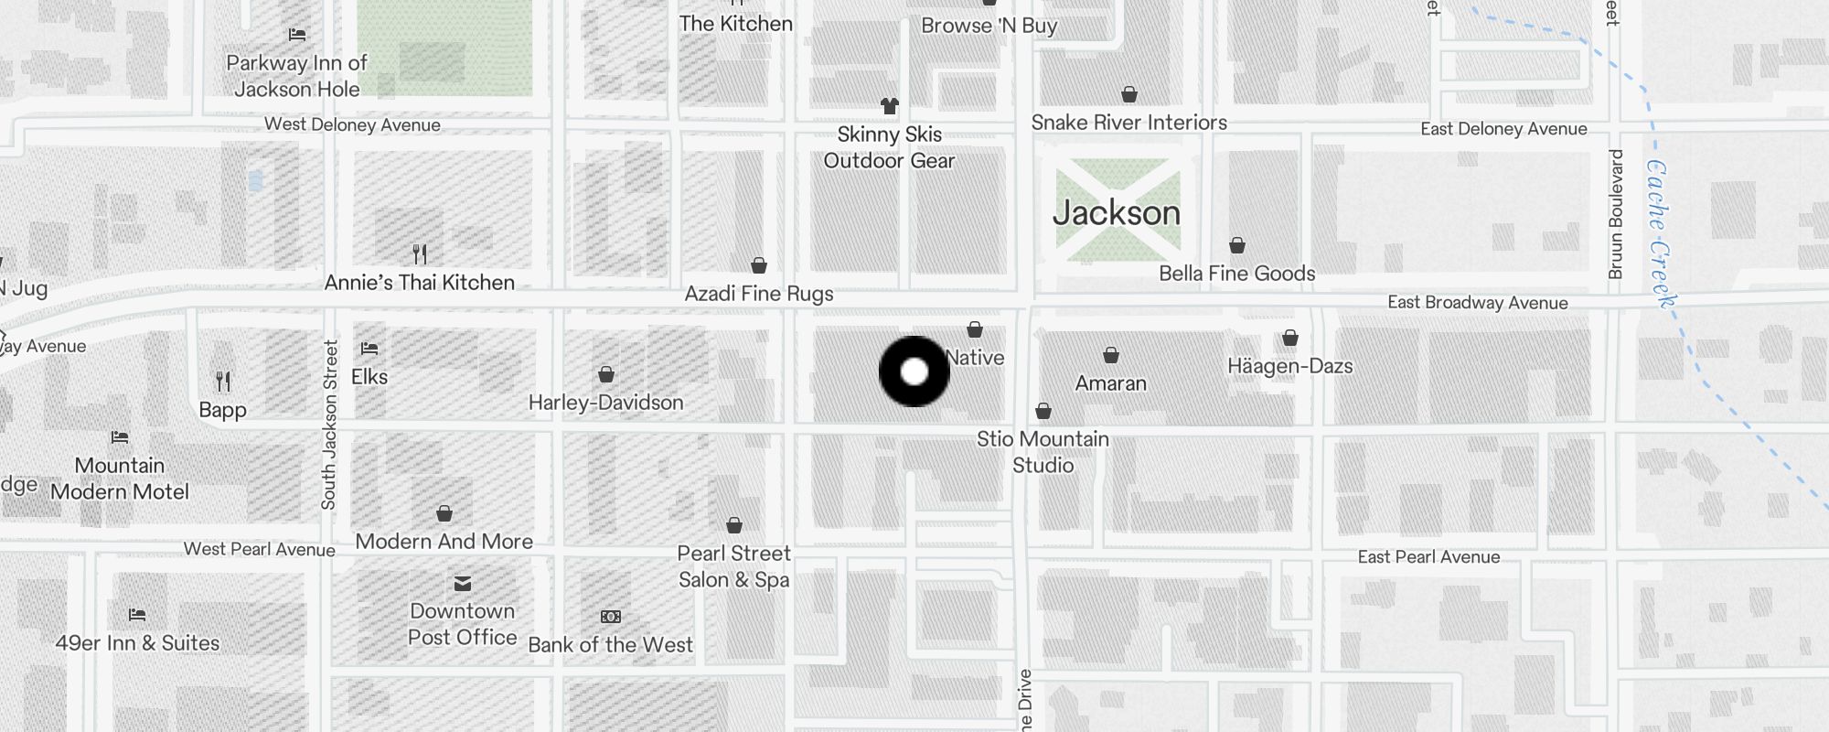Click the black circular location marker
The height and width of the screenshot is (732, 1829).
click(914, 371)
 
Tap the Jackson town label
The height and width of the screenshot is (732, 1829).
click(1117, 213)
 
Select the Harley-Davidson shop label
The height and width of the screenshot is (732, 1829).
click(605, 403)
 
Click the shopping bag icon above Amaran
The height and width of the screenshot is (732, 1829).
click(1111, 355)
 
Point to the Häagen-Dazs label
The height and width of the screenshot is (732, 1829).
click(1289, 366)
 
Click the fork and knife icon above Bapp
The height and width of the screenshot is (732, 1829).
click(223, 381)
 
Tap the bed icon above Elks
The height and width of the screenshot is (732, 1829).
click(369, 349)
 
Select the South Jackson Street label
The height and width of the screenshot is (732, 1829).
click(329, 425)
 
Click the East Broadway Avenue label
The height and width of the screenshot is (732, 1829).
click(1477, 303)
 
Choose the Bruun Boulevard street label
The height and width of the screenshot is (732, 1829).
click(1615, 214)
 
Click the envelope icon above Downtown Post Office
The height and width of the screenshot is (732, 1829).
click(463, 584)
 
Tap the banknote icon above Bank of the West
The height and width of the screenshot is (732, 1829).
click(610, 618)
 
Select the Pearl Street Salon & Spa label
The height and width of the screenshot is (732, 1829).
click(733, 566)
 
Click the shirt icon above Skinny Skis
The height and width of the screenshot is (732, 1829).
click(889, 106)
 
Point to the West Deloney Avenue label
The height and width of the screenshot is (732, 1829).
click(352, 125)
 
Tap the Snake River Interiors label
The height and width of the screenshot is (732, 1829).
click(1128, 123)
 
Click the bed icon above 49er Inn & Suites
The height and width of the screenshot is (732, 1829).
click(137, 615)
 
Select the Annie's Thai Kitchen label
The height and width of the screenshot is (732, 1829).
click(420, 283)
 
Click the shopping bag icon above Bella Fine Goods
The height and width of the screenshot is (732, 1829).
click(1236, 245)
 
